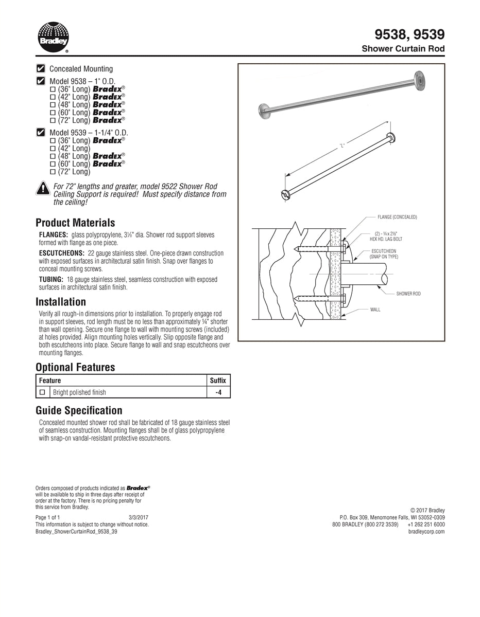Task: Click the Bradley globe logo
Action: point(53,37)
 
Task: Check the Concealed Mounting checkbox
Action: point(41,68)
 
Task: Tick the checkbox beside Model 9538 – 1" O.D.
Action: point(41,81)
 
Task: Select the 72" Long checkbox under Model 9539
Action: point(53,172)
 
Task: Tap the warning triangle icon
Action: point(43,189)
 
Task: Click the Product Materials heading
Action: point(75,223)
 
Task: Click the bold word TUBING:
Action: point(52,280)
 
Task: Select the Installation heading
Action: point(61,302)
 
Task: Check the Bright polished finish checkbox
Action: point(43,392)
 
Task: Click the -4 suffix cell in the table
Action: point(218,392)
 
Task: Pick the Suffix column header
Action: point(218,380)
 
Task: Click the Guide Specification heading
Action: point(79,410)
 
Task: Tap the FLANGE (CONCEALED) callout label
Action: point(397,217)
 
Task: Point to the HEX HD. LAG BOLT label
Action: point(386,239)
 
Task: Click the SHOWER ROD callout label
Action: point(408,294)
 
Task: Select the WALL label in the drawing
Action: point(375,310)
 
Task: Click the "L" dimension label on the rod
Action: point(341,146)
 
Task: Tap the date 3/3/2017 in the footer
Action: point(139,517)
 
